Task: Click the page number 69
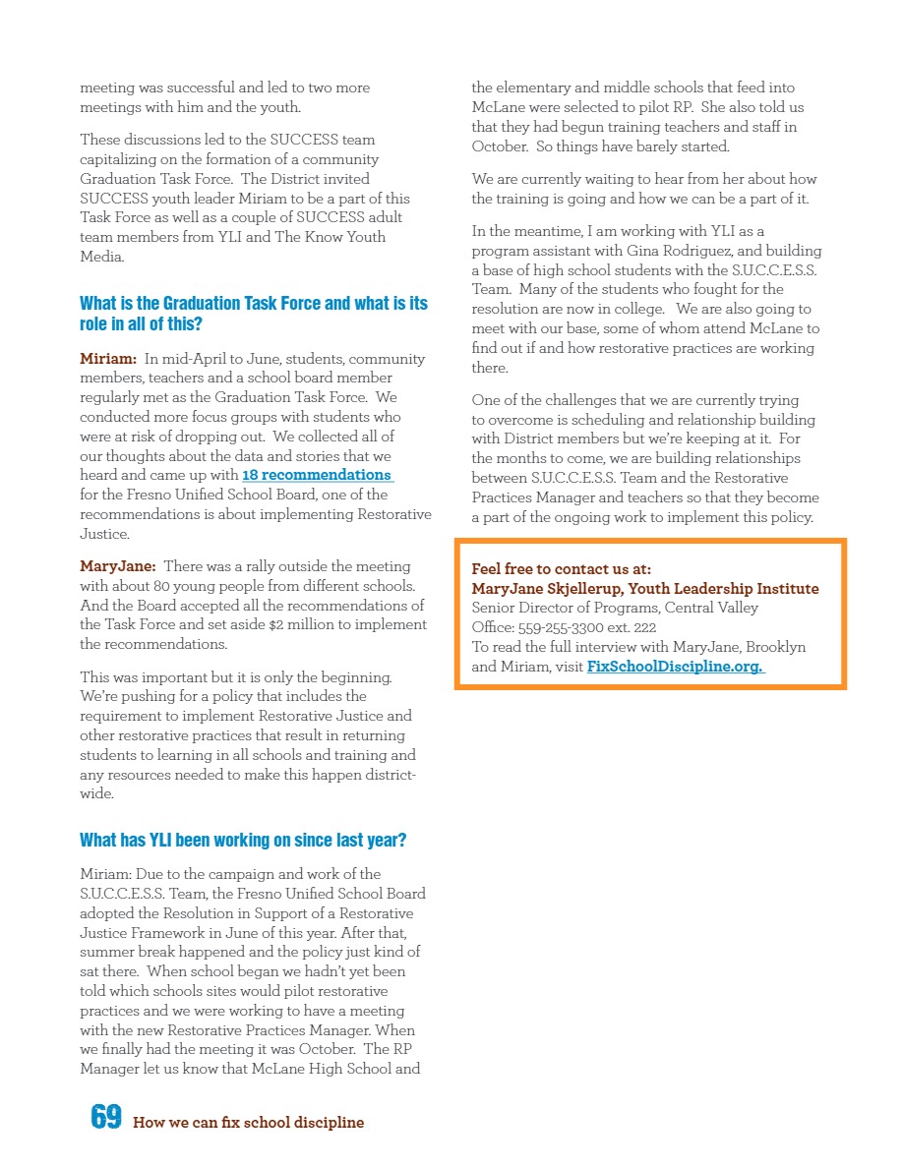(105, 1117)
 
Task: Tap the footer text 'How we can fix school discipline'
(248, 1123)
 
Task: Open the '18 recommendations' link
(317, 475)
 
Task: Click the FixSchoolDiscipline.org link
(675, 667)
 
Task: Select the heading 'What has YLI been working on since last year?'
(243, 841)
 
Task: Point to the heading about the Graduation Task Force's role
(254, 313)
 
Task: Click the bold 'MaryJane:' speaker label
(117, 566)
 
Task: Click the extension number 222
(644, 627)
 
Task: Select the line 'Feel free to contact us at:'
(561, 569)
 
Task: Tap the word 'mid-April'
(201, 359)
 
